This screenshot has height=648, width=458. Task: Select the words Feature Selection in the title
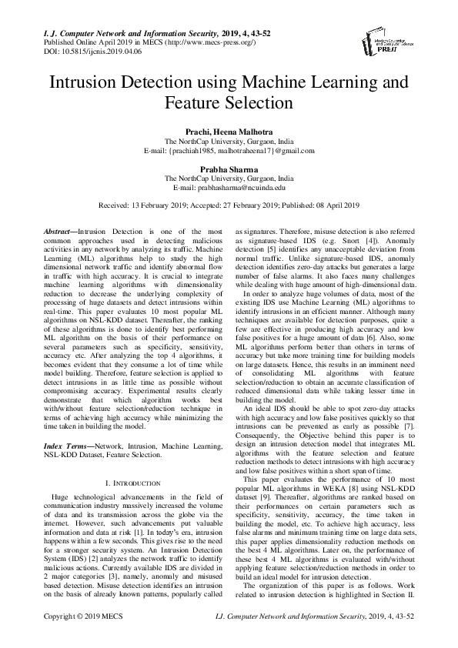pyautogui.click(x=229, y=102)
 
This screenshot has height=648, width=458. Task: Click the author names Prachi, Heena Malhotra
pyautogui.click(x=229, y=132)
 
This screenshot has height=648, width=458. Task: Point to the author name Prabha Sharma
pyautogui.click(x=229, y=168)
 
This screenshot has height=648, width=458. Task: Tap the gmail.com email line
pyautogui.click(x=229, y=151)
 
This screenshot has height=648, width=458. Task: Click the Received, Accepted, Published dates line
pyautogui.click(x=229, y=205)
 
